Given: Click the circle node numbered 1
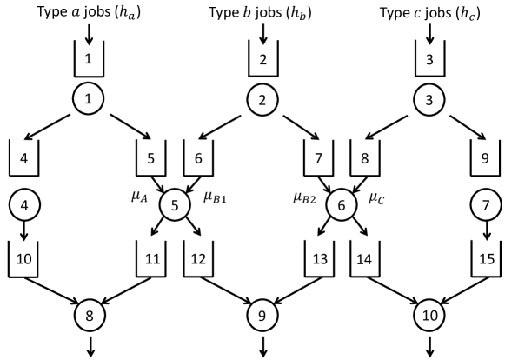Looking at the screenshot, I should tap(90, 99).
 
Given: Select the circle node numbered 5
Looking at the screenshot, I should tap(174, 206).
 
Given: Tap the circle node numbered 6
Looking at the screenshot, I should tap(342, 206).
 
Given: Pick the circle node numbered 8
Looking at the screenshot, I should tap(90, 312).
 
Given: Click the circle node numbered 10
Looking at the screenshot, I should tap(429, 312).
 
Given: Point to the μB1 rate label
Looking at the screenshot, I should tap(217, 197).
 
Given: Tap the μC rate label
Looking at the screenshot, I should tap(379, 197).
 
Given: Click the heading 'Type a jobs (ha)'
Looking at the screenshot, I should tap(90, 13).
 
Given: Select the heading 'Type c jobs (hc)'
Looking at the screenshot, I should tap(429, 13).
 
